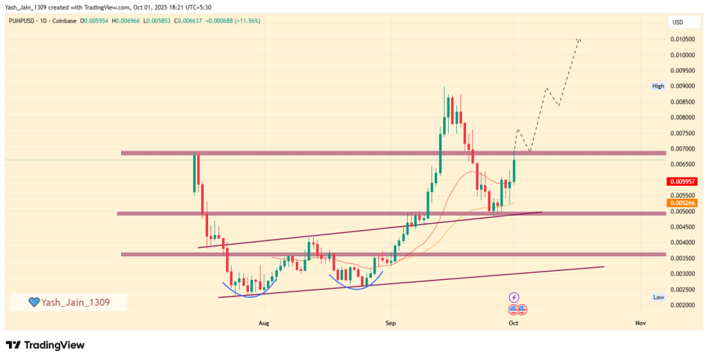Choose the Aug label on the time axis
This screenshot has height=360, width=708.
coord(263,323)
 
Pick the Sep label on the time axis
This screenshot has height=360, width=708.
coord(391,323)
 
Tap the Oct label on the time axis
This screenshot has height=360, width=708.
coord(514,323)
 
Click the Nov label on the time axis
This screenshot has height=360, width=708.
coord(640,323)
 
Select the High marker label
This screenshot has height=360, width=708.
coord(658,86)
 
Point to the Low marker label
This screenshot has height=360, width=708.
coord(659,296)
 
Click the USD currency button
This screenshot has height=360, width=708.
coord(678,22)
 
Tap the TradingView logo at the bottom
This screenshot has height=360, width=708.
coord(45,345)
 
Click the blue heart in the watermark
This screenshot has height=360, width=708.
coord(33,302)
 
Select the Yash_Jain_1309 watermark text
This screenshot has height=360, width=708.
coord(75,302)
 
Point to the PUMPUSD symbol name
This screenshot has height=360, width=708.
coord(24,21)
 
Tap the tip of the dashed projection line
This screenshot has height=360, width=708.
coord(579,40)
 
